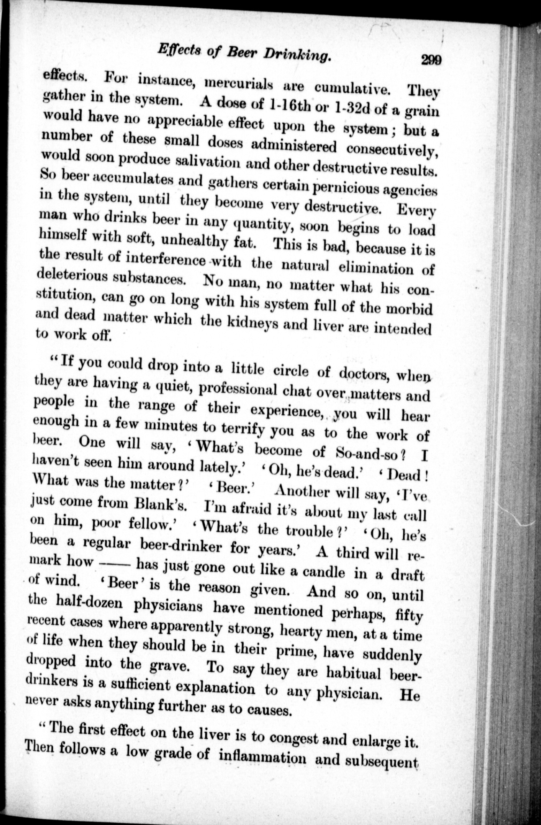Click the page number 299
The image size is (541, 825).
tap(431, 60)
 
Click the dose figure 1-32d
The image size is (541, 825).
tap(351, 108)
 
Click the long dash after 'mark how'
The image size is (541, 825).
tap(115, 562)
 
